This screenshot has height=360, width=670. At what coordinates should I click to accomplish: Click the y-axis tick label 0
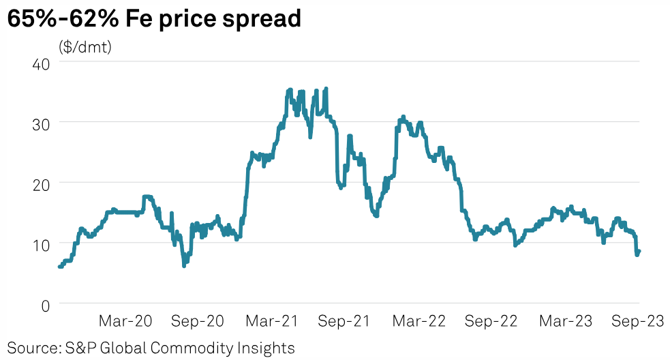[x=46, y=304]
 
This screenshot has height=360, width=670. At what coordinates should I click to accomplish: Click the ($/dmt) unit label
[x=85, y=47]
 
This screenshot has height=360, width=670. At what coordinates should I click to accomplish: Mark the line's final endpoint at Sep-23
[x=639, y=251]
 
